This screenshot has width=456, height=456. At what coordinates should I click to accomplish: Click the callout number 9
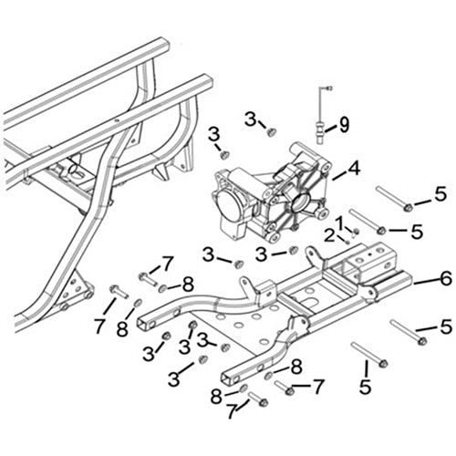click(x=345, y=125)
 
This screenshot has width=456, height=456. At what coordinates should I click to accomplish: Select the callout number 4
click(x=354, y=168)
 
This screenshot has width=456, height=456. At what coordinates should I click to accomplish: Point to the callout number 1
click(x=339, y=222)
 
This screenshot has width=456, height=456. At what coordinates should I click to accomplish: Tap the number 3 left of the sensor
click(x=250, y=118)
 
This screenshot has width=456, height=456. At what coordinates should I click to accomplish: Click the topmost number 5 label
click(x=440, y=194)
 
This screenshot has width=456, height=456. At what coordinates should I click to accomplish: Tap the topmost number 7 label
click(x=167, y=265)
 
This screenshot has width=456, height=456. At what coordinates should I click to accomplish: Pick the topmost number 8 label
click(x=189, y=284)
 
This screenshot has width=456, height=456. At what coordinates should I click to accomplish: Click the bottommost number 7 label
click(x=232, y=411)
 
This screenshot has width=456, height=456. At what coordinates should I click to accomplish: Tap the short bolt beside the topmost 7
click(x=148, y=276)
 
